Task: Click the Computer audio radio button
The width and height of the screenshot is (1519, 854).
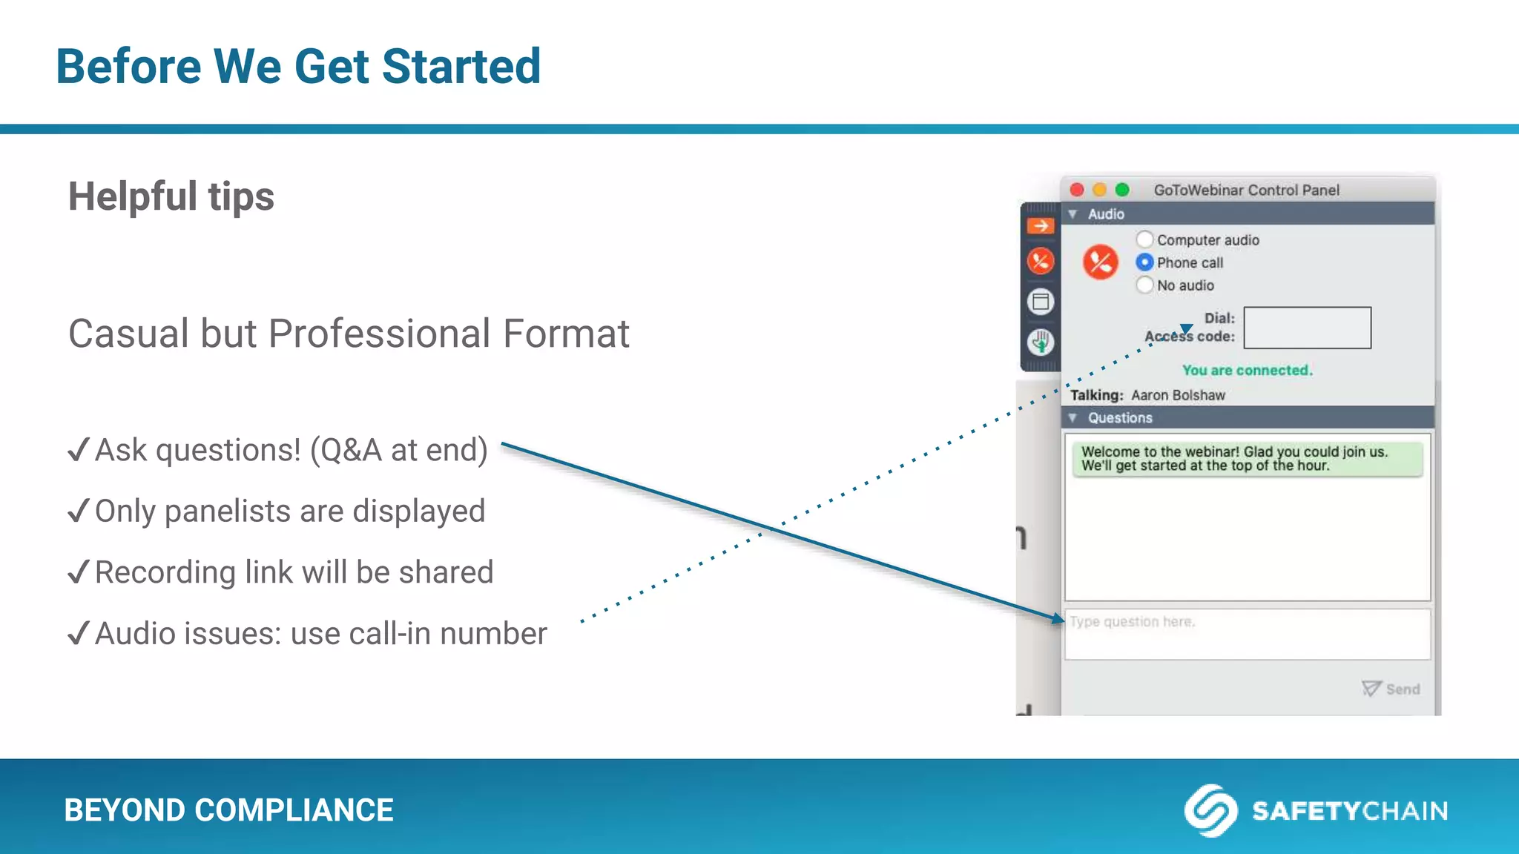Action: coord(1144,239)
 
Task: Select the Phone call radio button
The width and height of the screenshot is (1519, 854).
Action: coord(1144,262)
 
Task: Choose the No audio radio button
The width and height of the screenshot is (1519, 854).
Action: coord(1144,285)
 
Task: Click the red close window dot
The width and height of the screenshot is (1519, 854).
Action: coord(1077,190)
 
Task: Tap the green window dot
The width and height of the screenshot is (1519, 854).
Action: coord(1122,190)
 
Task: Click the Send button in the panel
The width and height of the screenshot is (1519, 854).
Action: coord(1391,689)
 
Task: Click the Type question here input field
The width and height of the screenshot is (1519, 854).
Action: coord(1247,635)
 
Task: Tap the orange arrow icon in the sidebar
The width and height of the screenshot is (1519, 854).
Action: coord(1041,225)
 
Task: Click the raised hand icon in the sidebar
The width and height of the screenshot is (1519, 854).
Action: coord(1041,342)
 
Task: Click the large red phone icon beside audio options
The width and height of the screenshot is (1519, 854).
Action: coord(1100,262)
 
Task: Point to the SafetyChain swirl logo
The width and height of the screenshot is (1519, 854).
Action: coord(1210,810)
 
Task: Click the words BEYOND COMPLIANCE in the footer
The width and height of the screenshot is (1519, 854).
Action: coord(228,810)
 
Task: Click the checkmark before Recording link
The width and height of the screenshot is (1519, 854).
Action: coord(78,572)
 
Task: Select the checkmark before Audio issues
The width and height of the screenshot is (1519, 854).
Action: coord(78,634)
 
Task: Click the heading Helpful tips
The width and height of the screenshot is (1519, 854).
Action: coord(171,197)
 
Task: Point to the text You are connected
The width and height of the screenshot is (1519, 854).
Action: coord(1247,370)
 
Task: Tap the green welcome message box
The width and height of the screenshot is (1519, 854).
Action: coord(1247,459)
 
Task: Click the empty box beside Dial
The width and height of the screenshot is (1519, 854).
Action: coord(1307,328)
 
